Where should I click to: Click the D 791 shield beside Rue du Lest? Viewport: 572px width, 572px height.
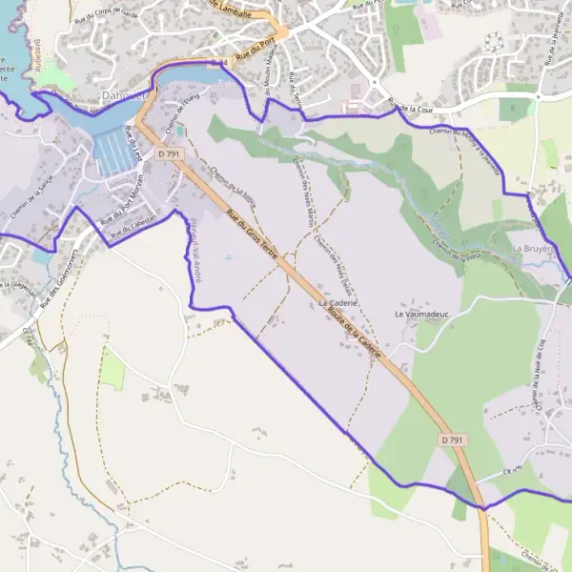169,153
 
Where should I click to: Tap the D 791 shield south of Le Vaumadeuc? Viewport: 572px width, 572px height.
452,439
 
